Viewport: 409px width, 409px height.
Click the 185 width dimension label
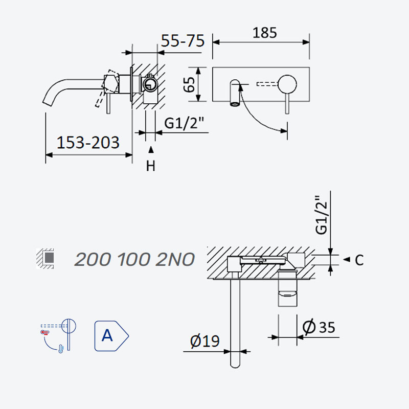pos(264,33)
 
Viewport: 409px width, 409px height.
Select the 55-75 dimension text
pos(183,41)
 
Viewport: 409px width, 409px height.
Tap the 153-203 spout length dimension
pos(88,143)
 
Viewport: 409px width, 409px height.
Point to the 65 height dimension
pos(189,84)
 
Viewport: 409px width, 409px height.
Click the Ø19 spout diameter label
pos(205,340)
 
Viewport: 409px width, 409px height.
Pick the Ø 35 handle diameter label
pos(319,327)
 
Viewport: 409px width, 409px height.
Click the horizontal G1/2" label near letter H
pos(184,123)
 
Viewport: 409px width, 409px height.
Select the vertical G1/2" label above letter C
pos(321,215)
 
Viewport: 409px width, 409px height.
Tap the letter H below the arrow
pos(150,166)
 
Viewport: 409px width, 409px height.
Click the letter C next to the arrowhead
pos(359,260)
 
